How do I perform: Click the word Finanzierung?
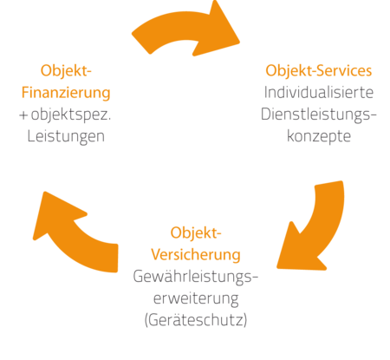point(66,93)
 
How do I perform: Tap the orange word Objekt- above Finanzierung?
point(66,71)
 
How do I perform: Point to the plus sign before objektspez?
point(23,115)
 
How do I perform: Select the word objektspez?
point(71,115)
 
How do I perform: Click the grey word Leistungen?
point(66,136)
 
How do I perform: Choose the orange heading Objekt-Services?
point(319,71)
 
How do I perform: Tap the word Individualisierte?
point(319,93)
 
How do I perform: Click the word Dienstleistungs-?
point(319,115)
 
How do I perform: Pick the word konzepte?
point(319,136)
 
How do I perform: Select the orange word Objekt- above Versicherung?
point(196,232)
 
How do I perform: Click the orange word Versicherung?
point(196,255)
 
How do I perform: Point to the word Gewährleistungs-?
point(196,277)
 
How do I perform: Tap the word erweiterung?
point(196,299)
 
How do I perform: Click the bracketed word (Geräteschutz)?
point(196,320)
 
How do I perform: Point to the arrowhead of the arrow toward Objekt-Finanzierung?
point(55,214)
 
